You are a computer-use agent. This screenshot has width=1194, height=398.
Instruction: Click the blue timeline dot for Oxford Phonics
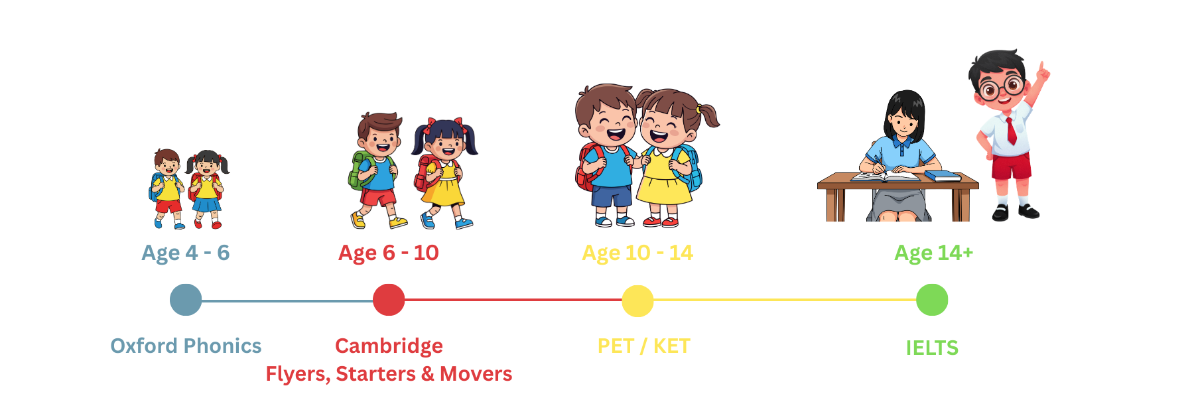click(186, 300)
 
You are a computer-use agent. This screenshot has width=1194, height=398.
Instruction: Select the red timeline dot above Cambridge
click(389, 300)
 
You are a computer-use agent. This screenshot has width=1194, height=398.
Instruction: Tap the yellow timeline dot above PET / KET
click(637, 300)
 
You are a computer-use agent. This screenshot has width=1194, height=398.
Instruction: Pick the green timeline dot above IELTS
click(932, 300)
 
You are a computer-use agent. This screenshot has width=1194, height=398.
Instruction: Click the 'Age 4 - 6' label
click(186, 253)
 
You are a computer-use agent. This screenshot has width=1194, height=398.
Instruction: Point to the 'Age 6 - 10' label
click(389, 253)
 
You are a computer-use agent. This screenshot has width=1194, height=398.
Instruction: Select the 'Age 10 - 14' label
click(637, 253)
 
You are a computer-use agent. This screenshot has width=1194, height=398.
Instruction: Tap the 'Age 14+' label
click(933, 253)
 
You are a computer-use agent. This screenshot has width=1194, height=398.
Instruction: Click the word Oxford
click(144, 346)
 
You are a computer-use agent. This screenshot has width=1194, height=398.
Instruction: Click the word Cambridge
click(389, 346)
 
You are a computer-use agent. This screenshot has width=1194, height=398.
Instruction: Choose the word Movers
click(476, 374)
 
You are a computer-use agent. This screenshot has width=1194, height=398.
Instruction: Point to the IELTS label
click(932, 348)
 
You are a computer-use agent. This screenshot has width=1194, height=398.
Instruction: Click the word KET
click(672, 346)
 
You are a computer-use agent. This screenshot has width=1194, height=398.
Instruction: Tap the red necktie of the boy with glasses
click(1011, 131)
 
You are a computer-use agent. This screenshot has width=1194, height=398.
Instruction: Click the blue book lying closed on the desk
click(943, 176)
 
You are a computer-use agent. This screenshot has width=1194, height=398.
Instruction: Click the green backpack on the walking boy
click(360, 170)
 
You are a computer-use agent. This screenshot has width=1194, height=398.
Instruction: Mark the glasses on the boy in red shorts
click(1000, 88)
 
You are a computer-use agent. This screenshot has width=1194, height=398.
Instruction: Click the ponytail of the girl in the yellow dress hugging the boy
click(710, 115)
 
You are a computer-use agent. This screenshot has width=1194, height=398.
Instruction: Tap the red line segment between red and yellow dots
click(513, 300)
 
